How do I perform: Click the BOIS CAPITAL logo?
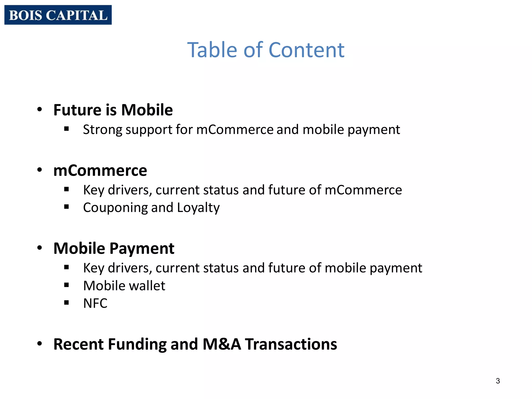point(58,15)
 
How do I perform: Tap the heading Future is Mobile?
point(113,110)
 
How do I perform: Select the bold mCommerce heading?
point(100,170)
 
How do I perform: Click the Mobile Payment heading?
point(114,248)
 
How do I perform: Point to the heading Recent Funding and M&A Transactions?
point(195,344)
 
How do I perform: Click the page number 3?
point(498,381)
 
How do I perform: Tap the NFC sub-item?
point(95,303)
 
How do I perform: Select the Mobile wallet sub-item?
point(124,286)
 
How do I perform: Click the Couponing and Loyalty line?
point(151,208)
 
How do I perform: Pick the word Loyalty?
point(198,208)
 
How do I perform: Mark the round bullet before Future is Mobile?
point(39,109)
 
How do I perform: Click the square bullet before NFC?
point(66,302)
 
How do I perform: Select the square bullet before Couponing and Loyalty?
point(66,207)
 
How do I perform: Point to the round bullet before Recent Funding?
point(39,344)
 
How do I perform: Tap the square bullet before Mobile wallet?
point(66,285)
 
